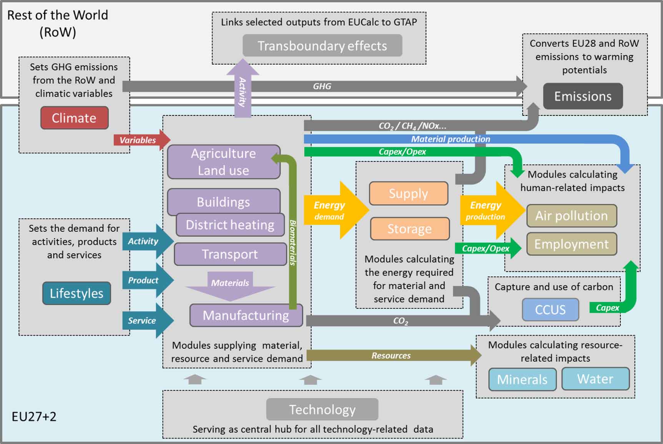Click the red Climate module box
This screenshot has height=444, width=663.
(x=74, y=118)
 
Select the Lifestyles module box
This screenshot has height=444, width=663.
(x=76, y=293)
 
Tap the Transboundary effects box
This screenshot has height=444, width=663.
(x=322, y=46)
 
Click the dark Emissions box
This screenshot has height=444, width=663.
(x=583, y=96)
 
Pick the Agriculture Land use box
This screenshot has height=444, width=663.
(x=223, y=162)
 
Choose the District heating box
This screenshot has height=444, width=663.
(x=230, y=225)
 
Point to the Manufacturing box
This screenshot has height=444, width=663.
(x=246, y=315)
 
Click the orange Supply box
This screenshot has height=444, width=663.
(x=408, y=193)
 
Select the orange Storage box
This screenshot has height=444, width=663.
(x=409, y=229)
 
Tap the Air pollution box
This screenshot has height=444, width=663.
(x=572, y=216)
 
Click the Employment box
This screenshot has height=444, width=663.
(x=572, y=244)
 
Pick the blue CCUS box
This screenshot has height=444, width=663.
(x=550, y=310)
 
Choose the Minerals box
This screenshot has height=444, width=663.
(x=522, y=380)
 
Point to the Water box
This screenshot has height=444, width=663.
(x=595, y=379)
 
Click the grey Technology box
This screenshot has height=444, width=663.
(x=322, y=409)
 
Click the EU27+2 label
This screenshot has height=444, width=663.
(x=34, y=417)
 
